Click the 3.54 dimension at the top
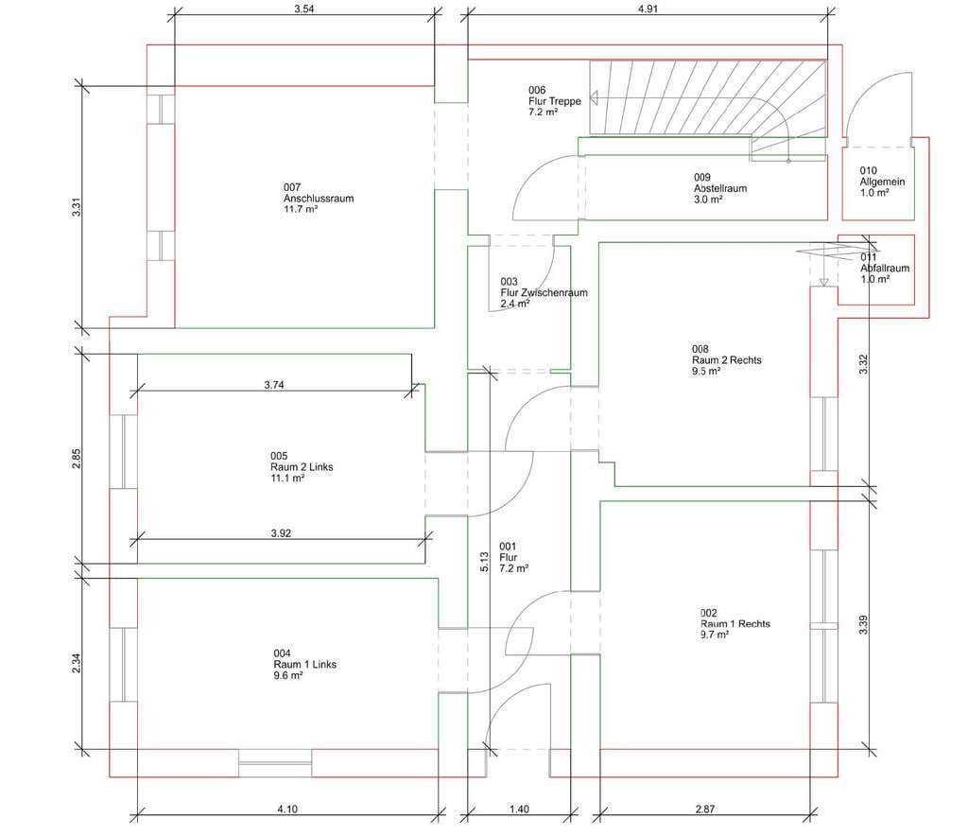point(303,9)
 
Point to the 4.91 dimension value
point(648,9)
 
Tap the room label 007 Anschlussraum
point(319,199)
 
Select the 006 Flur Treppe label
point(554,101)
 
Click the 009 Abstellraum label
point(719,188)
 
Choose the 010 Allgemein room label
point(882,182)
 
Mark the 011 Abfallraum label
point(885,268)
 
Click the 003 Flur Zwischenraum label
point(544,292)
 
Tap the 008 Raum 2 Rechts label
point(727,360)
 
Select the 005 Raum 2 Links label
point(302,467)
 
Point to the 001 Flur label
point(513,557)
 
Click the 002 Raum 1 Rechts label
point(735,623)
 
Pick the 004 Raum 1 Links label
point(305,664)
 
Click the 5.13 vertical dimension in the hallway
point(485,561)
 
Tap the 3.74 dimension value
point(274,385)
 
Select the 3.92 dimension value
point(281,532)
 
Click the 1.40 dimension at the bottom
point(519,809)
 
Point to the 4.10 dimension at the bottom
point(287,809)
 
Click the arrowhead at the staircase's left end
point(594,97)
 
